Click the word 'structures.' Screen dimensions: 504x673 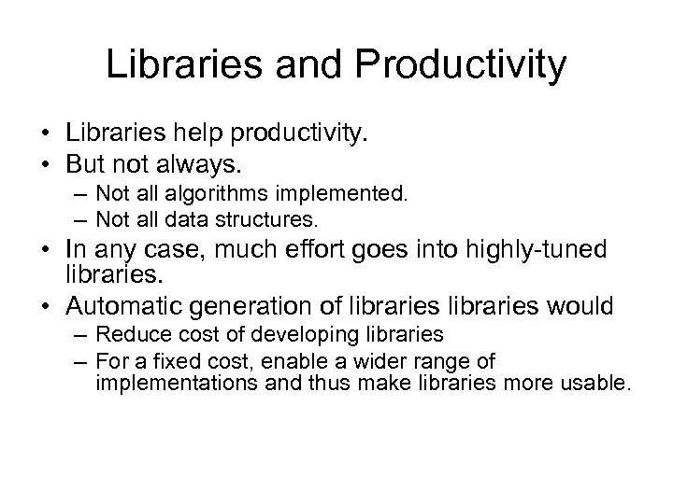272,221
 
